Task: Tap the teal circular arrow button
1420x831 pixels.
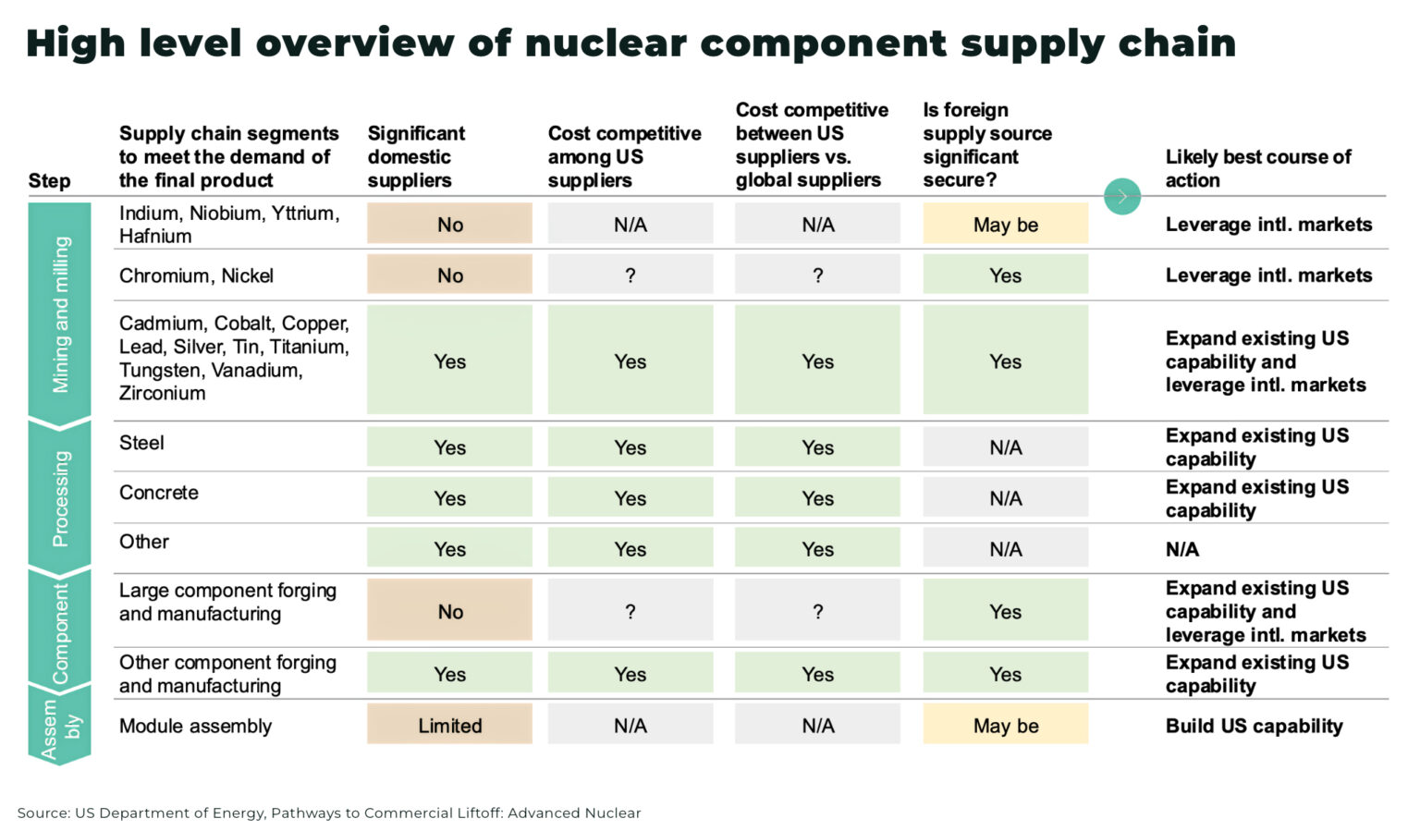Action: point(1122,196)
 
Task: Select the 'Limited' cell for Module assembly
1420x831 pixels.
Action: point(449,726)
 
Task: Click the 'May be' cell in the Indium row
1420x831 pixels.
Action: point(1005,225)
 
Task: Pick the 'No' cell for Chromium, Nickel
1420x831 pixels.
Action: point(449,275)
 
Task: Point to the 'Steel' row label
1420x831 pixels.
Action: point(141,443)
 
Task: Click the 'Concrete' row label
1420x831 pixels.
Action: point(158,493)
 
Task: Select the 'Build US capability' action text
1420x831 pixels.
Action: point(1254,726)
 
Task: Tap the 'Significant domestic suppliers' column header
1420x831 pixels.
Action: point(416,157)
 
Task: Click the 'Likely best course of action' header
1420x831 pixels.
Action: point(1257,168)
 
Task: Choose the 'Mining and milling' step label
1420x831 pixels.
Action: point(60,314)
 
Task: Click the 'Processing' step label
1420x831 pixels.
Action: point(60,498)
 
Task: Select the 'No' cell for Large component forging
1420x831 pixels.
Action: point(449,612)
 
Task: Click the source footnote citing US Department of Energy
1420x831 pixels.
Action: point(328,813)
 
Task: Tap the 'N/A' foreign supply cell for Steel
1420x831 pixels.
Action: point(1005,448)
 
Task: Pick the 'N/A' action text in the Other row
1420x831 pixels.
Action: point(1181,550)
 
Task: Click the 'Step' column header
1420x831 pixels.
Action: point(49,181)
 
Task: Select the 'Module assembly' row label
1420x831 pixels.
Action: point(195,727)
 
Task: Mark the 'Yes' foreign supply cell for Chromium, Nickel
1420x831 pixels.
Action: point(1005,275)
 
